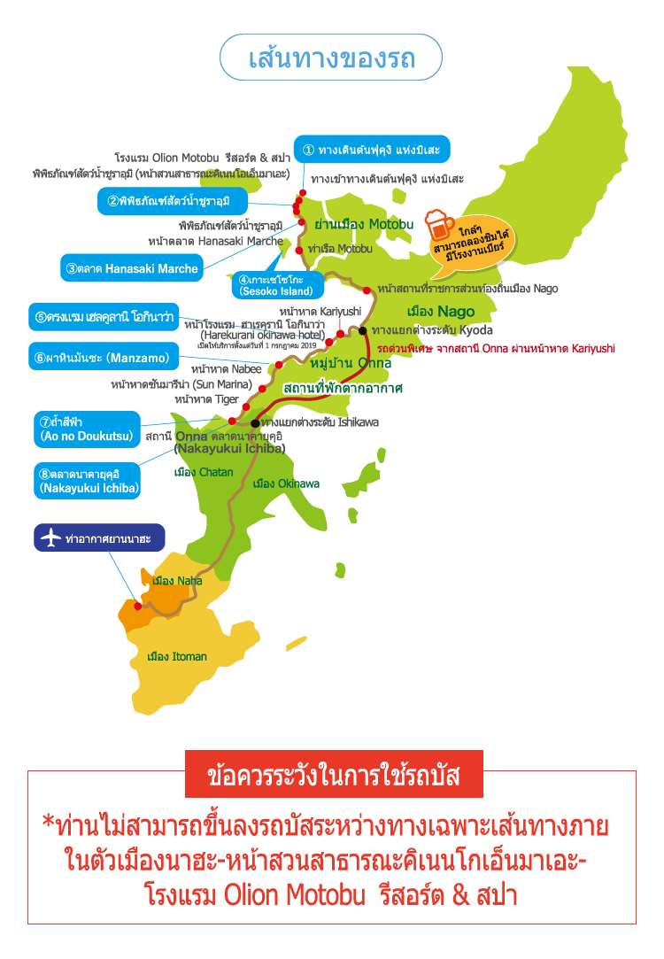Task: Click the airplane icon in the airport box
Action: click(52, 538)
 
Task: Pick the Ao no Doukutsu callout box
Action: click(87, 429)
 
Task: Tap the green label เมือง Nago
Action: click(440, 312)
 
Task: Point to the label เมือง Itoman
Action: click(177, 656)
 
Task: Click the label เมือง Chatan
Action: click(204, 472)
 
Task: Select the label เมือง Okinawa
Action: click(286, 483)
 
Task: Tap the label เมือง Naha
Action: click(177, 581)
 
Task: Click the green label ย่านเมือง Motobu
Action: click(364, 224)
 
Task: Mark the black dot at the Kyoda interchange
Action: click(363, 330)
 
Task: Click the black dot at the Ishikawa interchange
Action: click(255, 422)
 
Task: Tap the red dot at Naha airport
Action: click(138, 607)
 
